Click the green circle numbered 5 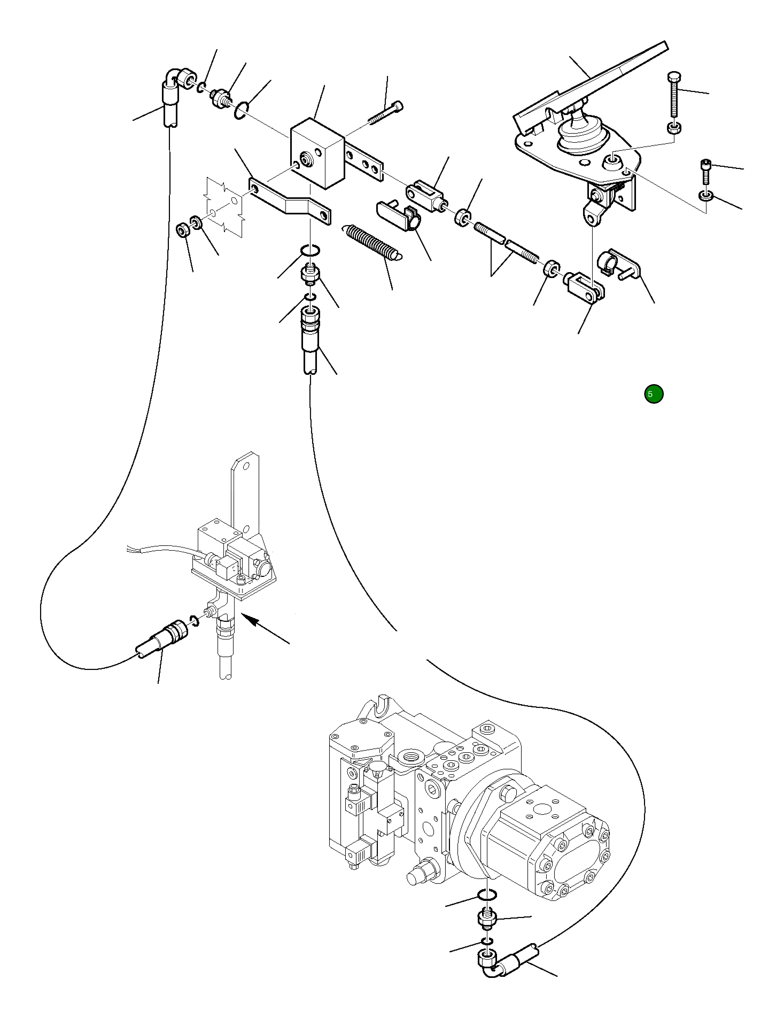pos(654,394)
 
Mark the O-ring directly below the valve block pos(310,250)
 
